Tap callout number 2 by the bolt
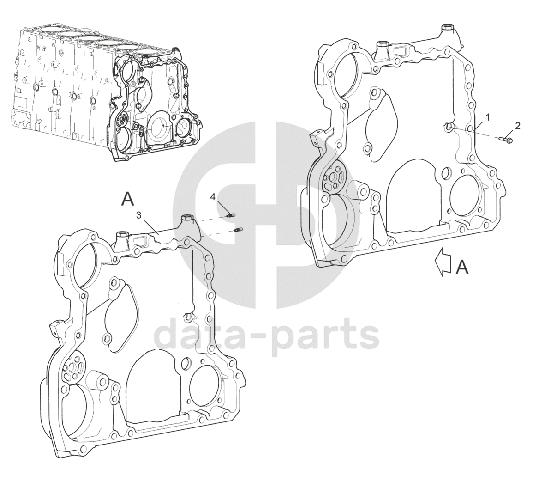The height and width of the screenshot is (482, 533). pos(518,126)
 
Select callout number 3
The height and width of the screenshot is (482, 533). pos(138,215)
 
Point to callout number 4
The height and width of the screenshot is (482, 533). pos(213,197)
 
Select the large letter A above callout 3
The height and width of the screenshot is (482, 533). pos(127,199)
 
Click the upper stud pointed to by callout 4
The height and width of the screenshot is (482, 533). pos(232,214)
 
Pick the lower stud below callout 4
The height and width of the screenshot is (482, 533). pos(239,230)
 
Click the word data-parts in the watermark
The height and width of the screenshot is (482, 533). pos(266,336)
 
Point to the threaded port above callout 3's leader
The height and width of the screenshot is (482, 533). pos(186,218)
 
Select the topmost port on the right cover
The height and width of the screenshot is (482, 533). pos(446,27)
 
